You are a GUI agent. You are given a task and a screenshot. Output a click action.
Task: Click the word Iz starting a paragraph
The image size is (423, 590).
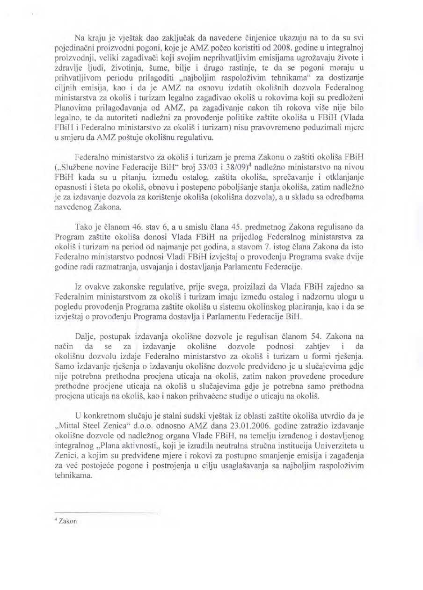point(79,286)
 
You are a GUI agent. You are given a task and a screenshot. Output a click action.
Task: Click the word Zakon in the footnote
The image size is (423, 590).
point(68,521)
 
